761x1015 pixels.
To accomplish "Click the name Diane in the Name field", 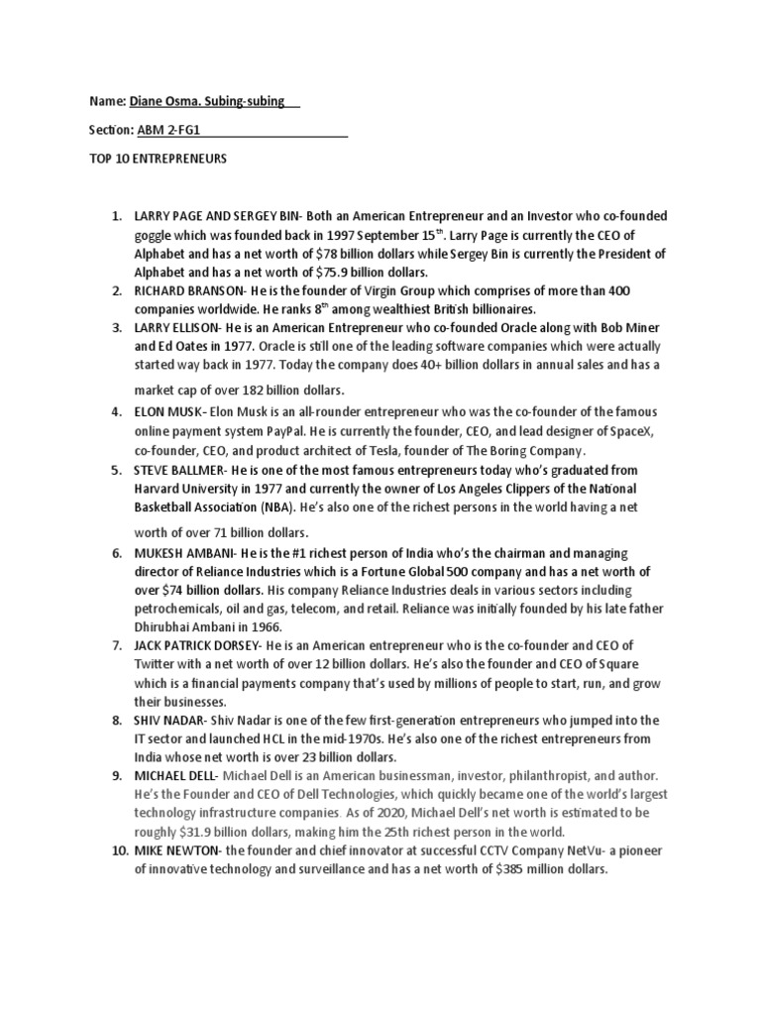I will pyautogui.click(x=149, y=101).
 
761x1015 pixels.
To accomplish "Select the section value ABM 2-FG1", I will pyautogui.click(x=168, y=130).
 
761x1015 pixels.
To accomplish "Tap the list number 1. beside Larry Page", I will pyautogui.click(x=116, y=215).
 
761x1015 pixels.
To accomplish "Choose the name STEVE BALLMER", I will pyautogui.click(x=184, y=468).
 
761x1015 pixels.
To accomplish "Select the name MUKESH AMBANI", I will pyautogui.click(x=183, y=552).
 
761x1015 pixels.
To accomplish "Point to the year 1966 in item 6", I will pyautogui.click(x=267, y=627).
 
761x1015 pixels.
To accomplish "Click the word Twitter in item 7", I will pyautogui.click(x=158, y=665).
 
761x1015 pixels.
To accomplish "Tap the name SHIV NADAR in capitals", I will pyautogui.click(x=167, y=721).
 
